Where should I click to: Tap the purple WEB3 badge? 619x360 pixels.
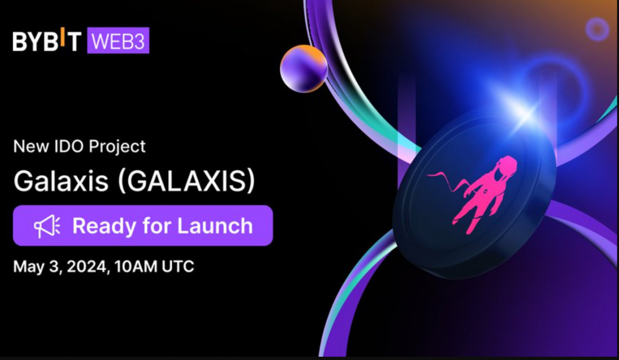(118, 40)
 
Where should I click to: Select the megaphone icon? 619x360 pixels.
(47, 226)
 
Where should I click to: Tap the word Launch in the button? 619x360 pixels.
(215, 226)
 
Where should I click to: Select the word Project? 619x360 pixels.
(117, 146)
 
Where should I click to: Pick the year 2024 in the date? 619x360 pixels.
(87, 266)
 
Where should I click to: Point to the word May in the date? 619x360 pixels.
(29, 267)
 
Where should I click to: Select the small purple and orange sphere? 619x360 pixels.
(304, 69)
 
